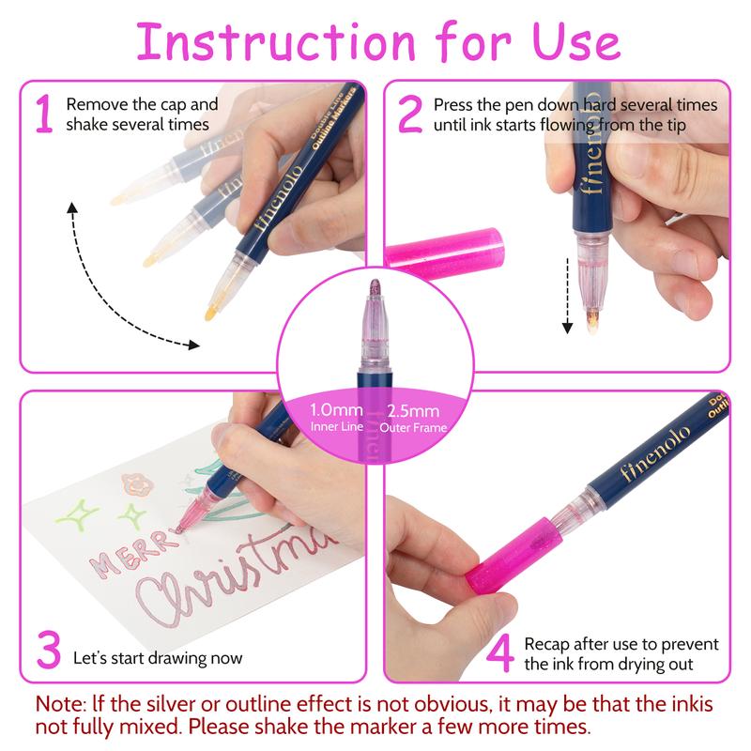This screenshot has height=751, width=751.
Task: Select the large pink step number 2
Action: pos(410,115)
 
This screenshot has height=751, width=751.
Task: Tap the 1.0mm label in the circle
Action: pos(335,410)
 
